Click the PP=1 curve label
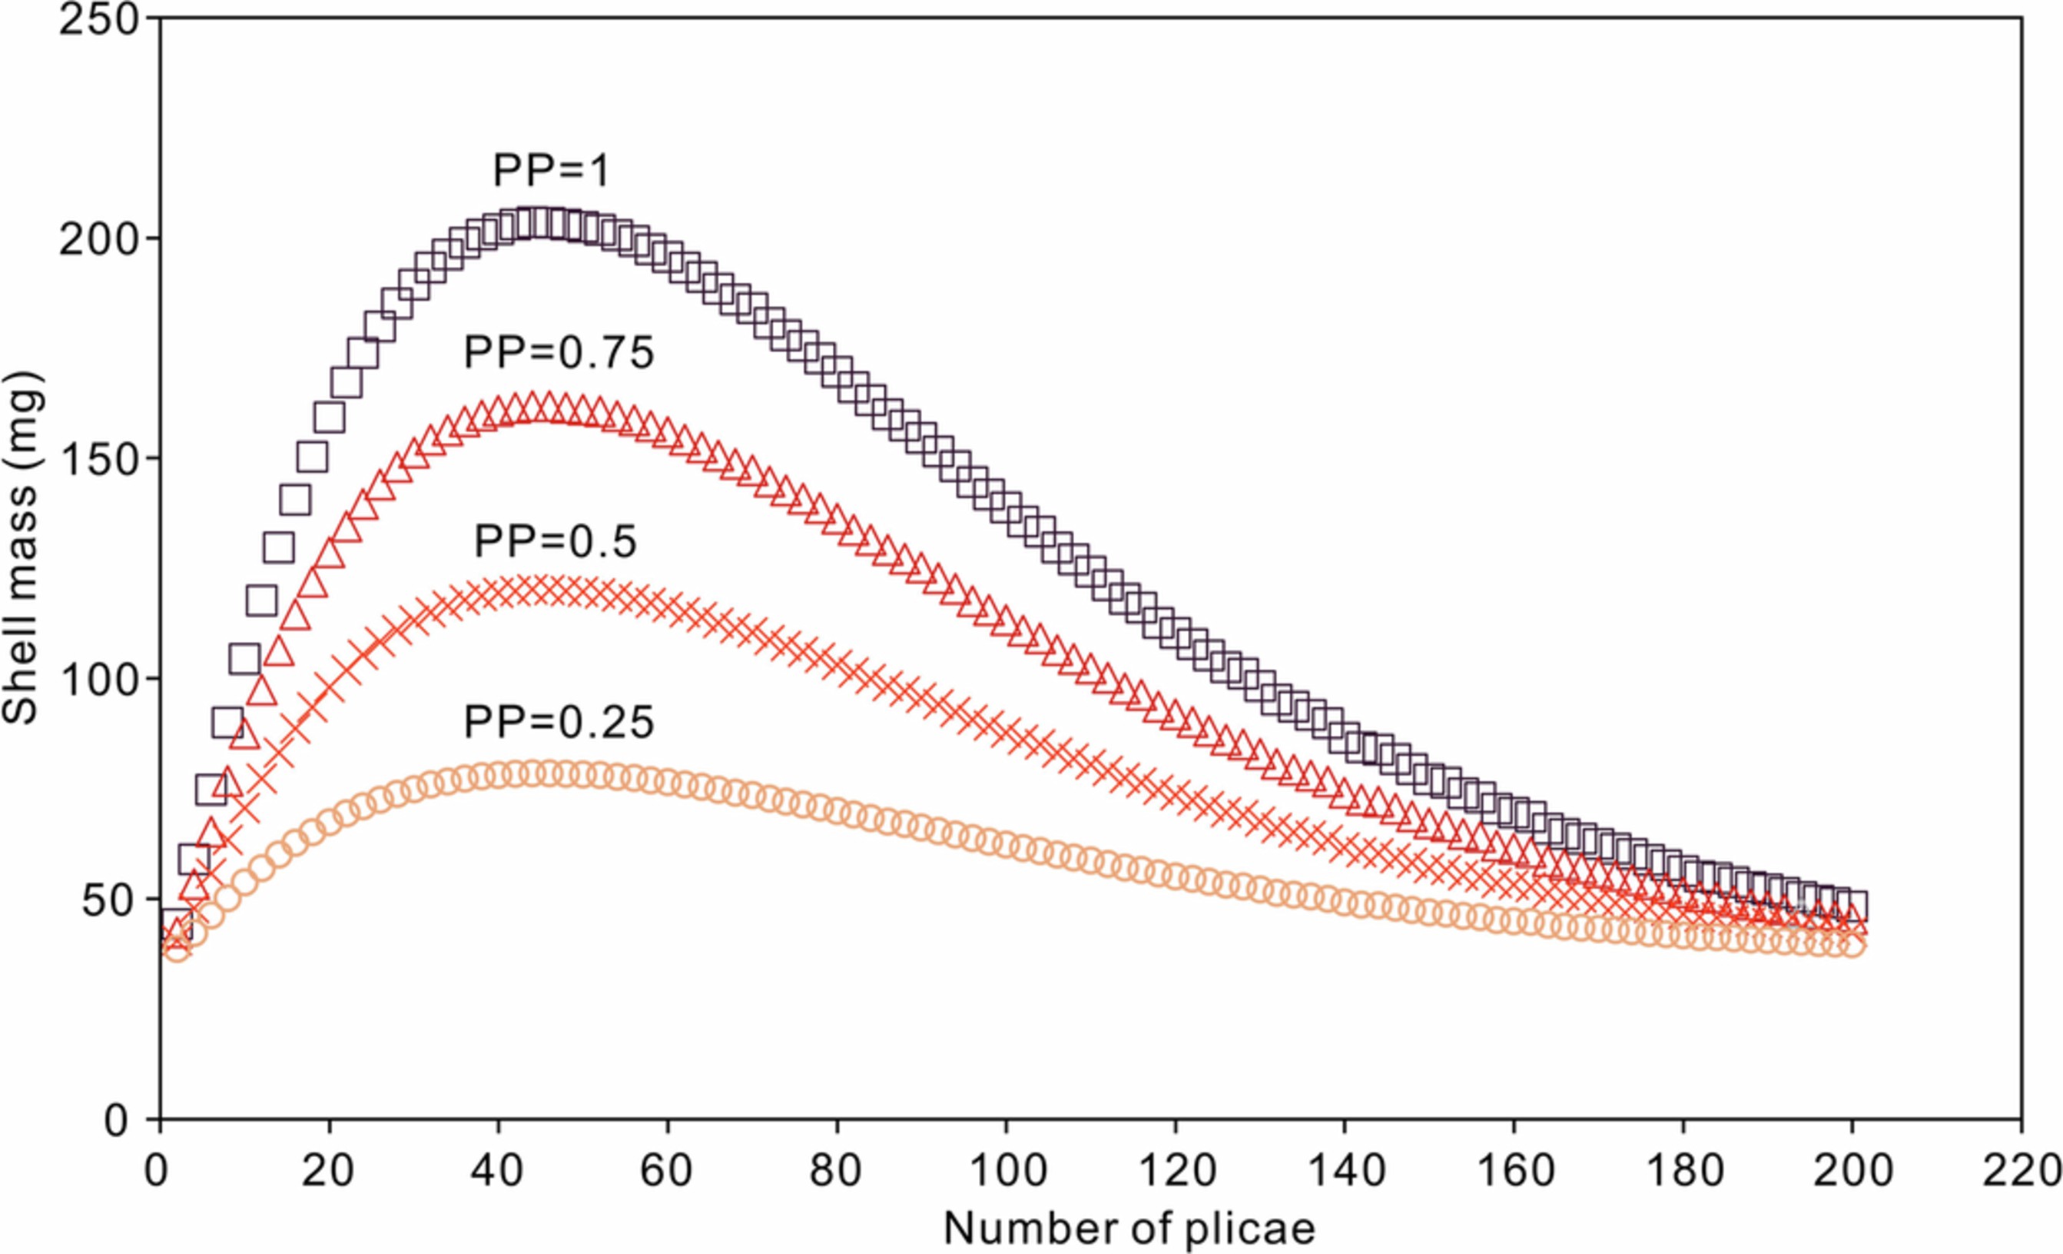pos(551,171)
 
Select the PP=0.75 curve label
pos(559,353)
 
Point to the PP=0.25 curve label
pos(559,722)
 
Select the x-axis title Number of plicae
pos(1129,1229)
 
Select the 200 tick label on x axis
pos(1852,1170)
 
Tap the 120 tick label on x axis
pos(1176,1170)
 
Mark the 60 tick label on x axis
pos(667,1170)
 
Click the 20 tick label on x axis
pos(328,1170)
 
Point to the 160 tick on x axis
pos(1514,1170)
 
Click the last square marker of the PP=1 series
pos(1849,906)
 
